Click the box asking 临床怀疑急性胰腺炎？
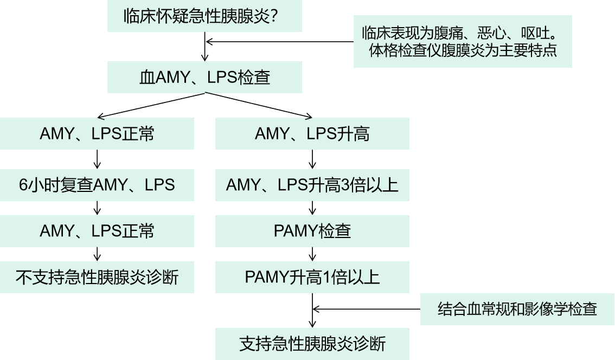coord(204,16)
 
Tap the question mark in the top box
coord(274,16)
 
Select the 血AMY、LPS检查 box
coord(204,78)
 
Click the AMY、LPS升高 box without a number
coord(312,133)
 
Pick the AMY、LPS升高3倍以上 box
coord(312,185)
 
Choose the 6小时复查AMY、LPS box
coord(97,185)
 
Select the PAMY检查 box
coord(312,232)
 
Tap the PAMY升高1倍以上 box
coord(312,278)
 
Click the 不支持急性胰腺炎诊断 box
coord(97,278)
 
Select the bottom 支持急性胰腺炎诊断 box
coord(312,344)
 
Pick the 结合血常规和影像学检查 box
coord(517,309)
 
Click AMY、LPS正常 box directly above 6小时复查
coord(97,133)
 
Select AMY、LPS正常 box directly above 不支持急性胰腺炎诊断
coord(97,232)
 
